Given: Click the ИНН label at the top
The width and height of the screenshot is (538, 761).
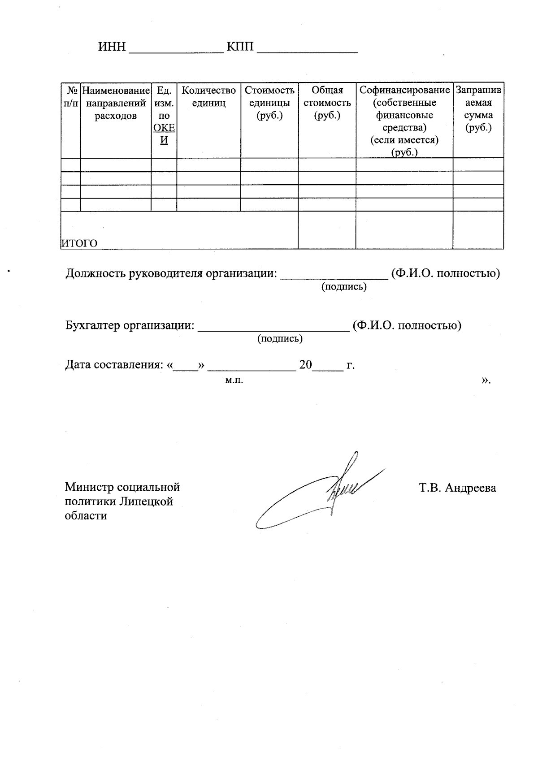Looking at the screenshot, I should (x=112, y=47).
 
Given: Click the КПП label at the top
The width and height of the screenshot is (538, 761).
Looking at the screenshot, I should (x=240, y=47).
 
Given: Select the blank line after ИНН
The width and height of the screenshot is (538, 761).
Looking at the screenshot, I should (x=176, y=52).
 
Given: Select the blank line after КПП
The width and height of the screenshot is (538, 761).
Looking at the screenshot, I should (x=308, y=52).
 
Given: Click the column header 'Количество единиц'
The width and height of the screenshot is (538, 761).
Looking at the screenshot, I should (x=208, y=97).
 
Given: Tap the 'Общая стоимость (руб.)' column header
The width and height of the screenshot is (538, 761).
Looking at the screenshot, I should (x=327, y=103).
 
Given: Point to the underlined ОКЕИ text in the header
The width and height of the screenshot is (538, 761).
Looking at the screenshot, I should (x=164, y=134).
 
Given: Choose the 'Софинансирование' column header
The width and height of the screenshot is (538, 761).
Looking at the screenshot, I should (x=404, y=91).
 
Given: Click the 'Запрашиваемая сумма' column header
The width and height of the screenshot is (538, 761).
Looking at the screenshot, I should (x=478, y=109).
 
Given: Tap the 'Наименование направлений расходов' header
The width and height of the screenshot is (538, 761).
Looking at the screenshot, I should (x=116, y=103).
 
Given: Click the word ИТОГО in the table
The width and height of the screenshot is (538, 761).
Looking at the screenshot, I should (x=79, y=243).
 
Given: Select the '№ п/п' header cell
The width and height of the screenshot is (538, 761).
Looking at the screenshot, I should (x=71, y=97).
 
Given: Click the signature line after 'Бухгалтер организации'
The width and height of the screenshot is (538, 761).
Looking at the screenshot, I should (x=273, y=330).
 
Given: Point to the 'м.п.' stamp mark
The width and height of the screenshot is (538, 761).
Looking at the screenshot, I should (x=234, y=380).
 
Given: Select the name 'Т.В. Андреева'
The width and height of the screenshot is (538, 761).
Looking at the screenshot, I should (x=457, y=488).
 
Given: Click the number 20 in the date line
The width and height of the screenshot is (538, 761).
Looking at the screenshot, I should (x=305, y=364).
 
